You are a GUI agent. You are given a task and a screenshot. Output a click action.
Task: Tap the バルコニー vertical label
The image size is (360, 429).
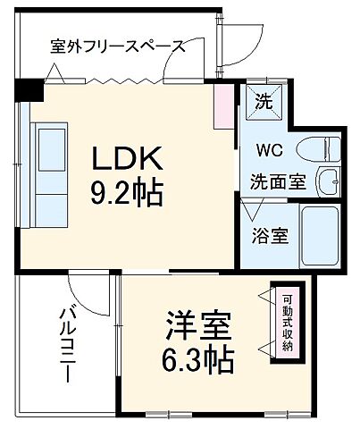[x=67, y=344]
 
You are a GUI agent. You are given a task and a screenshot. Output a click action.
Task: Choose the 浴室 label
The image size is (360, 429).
[x=269, y=237]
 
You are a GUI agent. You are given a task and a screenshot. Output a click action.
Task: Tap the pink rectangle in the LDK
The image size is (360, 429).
[x=220, y=108]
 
